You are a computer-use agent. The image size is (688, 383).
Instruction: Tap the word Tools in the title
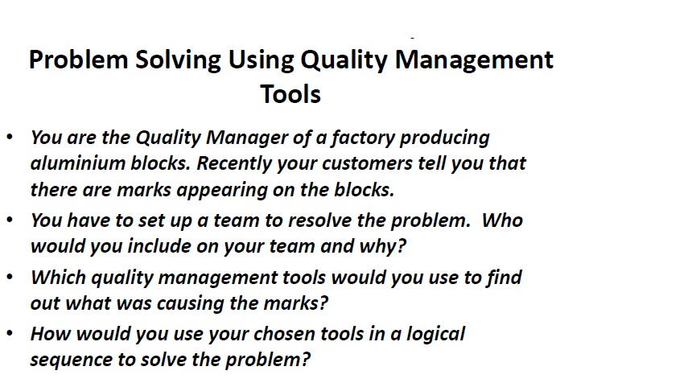[290, 94]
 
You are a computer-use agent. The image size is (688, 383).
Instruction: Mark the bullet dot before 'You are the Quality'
[10, 137]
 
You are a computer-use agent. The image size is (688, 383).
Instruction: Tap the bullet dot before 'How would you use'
[10, 333]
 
